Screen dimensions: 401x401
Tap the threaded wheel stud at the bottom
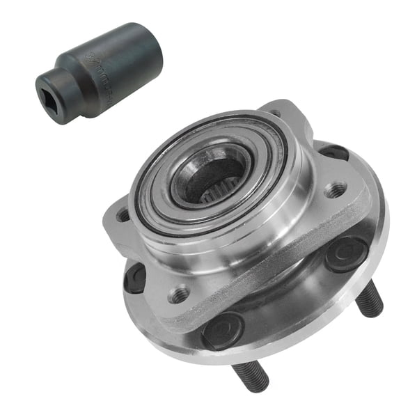(x=251, y=375)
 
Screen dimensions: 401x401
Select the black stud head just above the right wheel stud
(x=345, y=252)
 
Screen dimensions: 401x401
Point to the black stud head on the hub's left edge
(x=135, y=278)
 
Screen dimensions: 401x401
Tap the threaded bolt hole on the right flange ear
(x=336, y=189)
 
